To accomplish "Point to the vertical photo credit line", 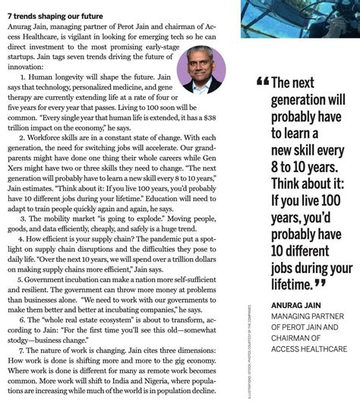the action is click(228, 349).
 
